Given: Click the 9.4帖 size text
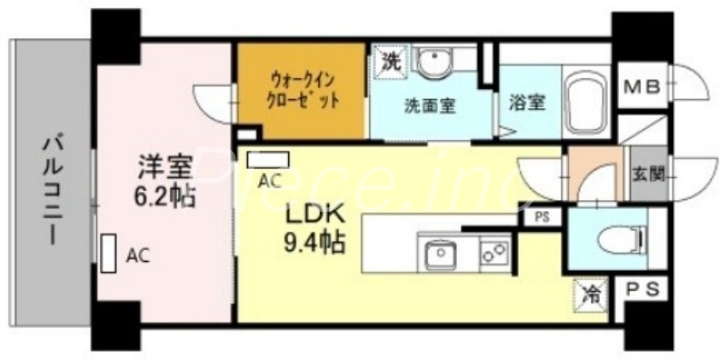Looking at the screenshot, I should (314, 243).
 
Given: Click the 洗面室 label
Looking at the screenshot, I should (430, 104).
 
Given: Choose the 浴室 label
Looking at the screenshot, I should (527, 103).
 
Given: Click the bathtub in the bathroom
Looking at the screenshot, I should (586, 100).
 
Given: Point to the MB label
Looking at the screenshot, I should (642, 87).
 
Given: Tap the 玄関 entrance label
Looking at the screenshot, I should (647, 173).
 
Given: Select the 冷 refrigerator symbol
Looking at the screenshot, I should (591, 295).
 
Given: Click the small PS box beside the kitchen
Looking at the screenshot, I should (542, 217).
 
